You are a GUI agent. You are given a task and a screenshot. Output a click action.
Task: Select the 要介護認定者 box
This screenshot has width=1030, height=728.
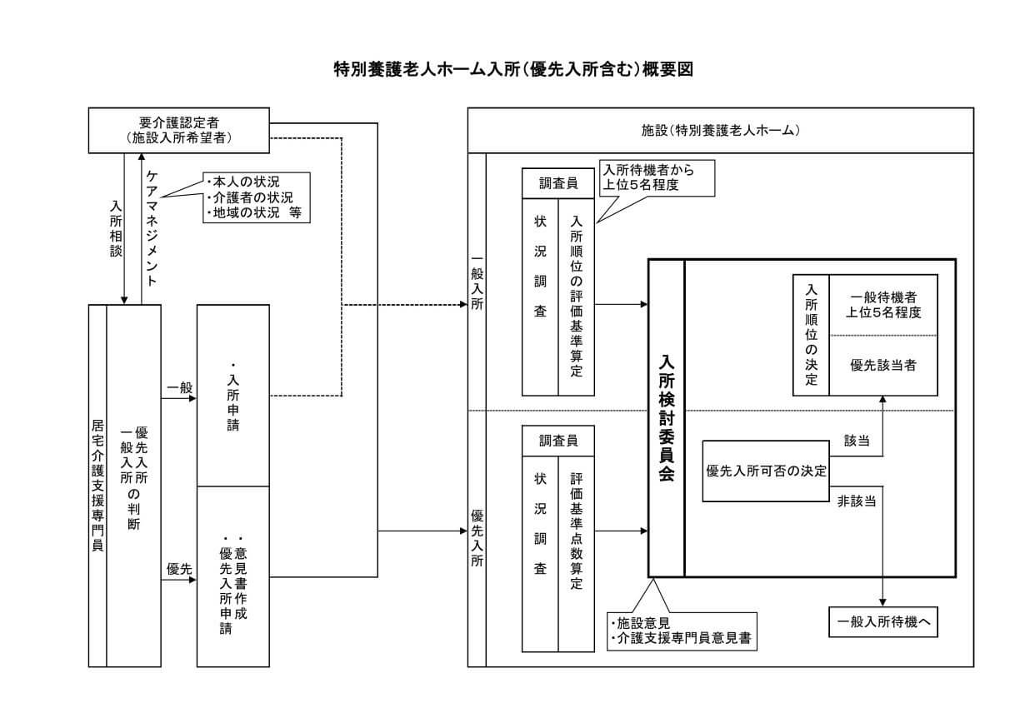[x=179, y=130]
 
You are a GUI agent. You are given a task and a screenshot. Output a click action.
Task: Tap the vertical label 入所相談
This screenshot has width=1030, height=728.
[x=116, y=227]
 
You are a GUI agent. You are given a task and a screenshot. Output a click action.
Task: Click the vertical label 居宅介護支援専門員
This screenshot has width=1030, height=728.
[x=97, y=485]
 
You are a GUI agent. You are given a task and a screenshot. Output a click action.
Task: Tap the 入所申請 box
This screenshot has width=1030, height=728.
[x=232, y=396]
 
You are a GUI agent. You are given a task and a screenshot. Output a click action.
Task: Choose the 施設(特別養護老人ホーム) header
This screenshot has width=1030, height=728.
[x=720, y=131]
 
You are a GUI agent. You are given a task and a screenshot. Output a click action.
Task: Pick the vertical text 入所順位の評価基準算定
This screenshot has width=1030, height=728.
[x=576, y=297]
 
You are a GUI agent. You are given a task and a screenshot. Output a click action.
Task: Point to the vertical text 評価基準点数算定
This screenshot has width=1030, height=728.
[x=576, y=531]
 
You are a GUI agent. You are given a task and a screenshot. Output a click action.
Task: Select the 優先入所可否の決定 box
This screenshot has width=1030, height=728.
[x=766, y=471]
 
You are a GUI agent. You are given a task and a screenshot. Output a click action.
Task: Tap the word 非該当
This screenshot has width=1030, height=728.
[x=856, y=502]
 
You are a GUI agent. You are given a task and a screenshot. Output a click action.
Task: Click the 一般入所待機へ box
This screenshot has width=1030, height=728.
[x=882, y=622]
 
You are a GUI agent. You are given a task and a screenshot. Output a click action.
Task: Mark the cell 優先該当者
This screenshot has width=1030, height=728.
[x=883, y=365]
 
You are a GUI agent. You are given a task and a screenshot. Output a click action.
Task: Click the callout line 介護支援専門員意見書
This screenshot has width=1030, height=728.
[x=682, y=639]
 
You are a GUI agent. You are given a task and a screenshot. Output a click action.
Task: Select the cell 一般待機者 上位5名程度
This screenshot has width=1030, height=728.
[x=883, y=305]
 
